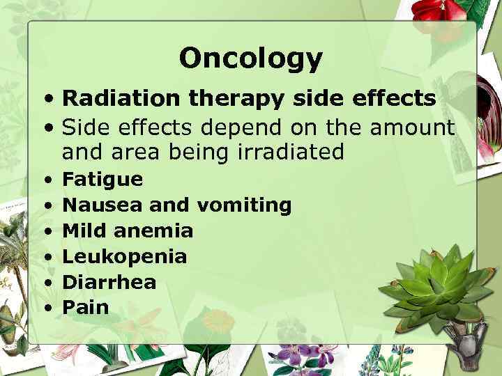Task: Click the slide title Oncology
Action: tap(250, 58)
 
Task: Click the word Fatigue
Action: tap(102, 180)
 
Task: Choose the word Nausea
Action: tap(96, 205)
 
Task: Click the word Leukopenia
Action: tap(125, 256)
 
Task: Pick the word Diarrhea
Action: tap(109, 281)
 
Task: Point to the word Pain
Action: tap(86, 306)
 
